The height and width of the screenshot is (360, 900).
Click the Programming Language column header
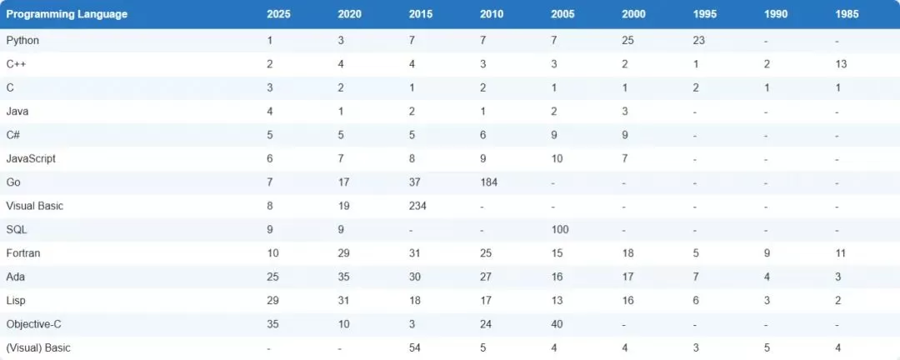point(67,14)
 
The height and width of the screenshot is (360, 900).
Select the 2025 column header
point(278,14)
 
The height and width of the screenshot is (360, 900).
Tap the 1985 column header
point(847,14)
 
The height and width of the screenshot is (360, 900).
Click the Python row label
point(22,41)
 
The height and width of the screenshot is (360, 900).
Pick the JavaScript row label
point(31,158)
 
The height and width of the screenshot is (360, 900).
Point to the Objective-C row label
point(34,324)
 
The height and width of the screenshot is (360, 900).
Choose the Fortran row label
point(23,253)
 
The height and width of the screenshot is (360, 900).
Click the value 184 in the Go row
point(488,182)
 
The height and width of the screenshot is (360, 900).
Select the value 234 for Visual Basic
point(417,206)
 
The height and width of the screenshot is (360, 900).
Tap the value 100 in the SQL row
point(560,230)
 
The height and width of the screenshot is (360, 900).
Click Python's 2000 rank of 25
point(628,41)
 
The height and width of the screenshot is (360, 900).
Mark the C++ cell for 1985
point(841,64)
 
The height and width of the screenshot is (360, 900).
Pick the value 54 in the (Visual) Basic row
point(414,347)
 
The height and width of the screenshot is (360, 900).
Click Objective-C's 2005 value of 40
point(557,324)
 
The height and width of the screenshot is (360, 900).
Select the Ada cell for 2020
point(343,277)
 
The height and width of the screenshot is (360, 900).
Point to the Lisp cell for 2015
point(414,300)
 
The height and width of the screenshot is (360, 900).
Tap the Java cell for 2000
point(625,112)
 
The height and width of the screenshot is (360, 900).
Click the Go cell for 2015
point(414,182)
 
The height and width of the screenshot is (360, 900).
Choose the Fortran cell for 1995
point(696,253)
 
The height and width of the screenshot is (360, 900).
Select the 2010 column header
point(492,14)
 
